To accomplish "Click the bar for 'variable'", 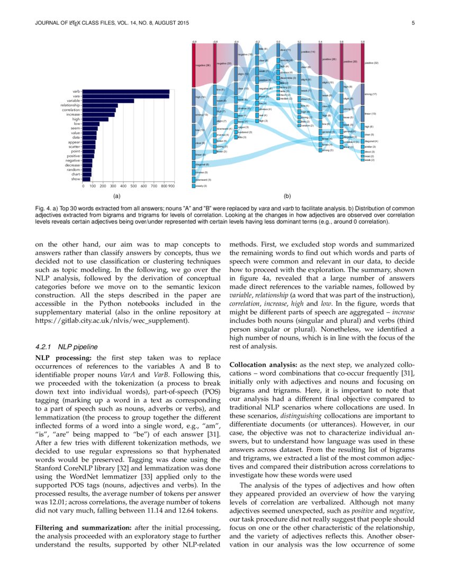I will [x=109, y=101].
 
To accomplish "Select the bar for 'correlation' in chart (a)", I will [x=100, y=110].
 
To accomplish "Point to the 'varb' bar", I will [x=126, y=91].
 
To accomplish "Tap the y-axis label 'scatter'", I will [x=74, y=147].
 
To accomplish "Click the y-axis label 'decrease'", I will [x=72, y=165].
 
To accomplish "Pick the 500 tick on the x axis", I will [x=133, y=186].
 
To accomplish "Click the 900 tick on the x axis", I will [x=172, y=186].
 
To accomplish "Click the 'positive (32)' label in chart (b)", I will [x=372, y=63].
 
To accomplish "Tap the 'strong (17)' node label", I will [x=371, y=94].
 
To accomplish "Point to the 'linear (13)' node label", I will [x=371, y=114].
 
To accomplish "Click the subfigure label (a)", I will [x=116, y=196].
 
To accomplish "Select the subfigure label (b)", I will [x=279, y=196].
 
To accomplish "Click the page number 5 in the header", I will [x=412, y=22].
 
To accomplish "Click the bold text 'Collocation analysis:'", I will [x=263, y=365].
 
